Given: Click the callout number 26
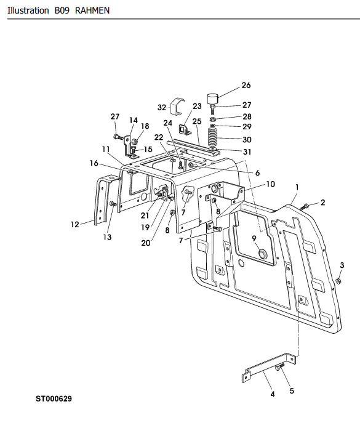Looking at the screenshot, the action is coord(246,85).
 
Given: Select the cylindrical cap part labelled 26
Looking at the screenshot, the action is coord(212,99).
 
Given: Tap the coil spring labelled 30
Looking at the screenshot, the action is coord(213,137).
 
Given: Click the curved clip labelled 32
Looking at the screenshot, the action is coord(177,106).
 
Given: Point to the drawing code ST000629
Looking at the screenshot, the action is coord(54,398).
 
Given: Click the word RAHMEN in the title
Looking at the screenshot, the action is coord(92,10).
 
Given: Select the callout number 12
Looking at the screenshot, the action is coord(74,225).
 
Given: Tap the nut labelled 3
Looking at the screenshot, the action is coord(338,281).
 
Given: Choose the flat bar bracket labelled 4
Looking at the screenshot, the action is coord(269,368).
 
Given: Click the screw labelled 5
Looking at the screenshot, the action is coord(279,367).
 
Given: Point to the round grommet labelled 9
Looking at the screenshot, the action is coord(263,254).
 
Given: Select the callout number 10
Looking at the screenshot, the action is coord(271,184).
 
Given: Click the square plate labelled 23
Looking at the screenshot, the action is coord(184,130).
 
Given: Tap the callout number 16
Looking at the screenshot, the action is coord(94,163).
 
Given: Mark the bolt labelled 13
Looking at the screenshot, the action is coord(113,204).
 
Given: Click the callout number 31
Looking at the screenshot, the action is coord(247,152).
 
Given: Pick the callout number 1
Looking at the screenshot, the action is coord(297,187).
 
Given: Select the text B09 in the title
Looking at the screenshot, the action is coord(62,10).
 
